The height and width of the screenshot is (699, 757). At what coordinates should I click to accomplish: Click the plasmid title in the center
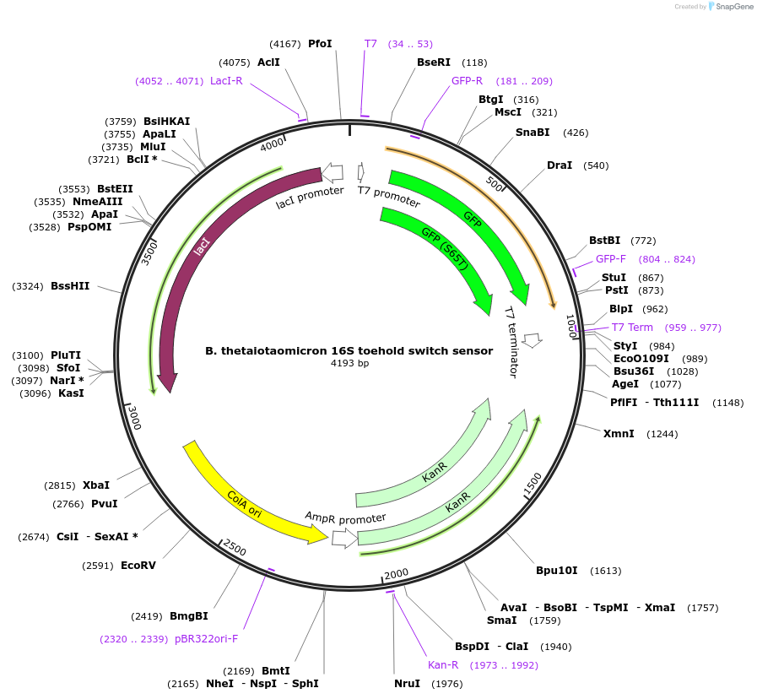point(349,350)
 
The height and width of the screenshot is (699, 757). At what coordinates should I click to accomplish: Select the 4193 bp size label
point(349,364)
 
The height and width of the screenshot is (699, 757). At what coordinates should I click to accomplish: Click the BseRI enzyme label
point(434,62)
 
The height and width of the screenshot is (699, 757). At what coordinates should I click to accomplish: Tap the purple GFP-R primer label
point(467,81)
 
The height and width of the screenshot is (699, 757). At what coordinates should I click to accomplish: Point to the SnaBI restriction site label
point(533,133)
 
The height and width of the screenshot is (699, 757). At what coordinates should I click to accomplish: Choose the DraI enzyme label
point(560,165)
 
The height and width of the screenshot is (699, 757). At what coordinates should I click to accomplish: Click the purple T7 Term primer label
point(632,328)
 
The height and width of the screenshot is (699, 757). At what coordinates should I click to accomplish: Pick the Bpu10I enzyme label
point(557,571)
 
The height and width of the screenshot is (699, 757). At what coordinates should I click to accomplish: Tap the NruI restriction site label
point(407,684)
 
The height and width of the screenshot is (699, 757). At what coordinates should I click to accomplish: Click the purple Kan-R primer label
point(442,665)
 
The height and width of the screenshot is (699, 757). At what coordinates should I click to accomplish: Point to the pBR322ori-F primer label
point(206,639)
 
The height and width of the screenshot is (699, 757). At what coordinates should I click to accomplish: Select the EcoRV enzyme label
point(138,566)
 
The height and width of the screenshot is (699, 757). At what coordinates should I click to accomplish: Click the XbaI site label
point(96,485)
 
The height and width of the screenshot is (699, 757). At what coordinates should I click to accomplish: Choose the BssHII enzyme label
point(70,287)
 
